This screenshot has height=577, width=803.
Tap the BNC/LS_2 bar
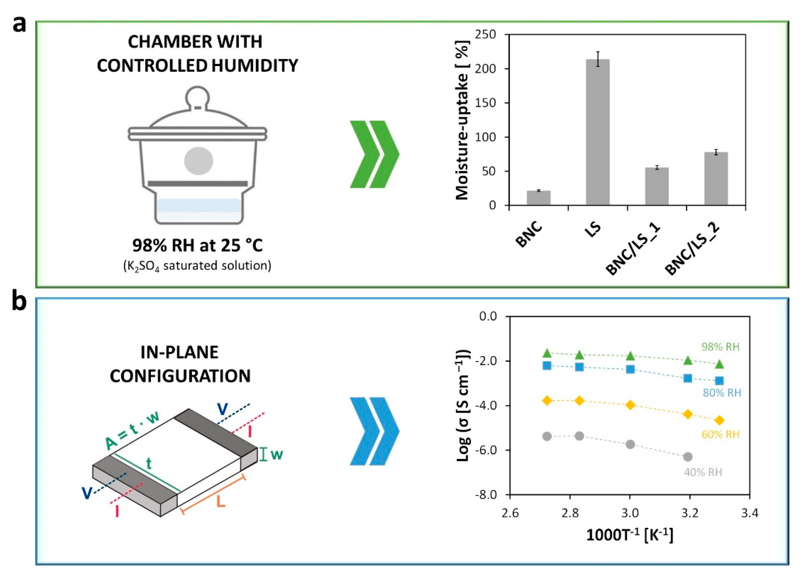[716, 178]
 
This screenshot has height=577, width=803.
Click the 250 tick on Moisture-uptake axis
[488, 35]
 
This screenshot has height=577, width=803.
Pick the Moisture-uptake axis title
[462, 120]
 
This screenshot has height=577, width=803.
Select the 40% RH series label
[703, 472]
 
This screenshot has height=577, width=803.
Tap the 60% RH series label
[721, 434]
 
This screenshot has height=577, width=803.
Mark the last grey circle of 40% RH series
[688, 457]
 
